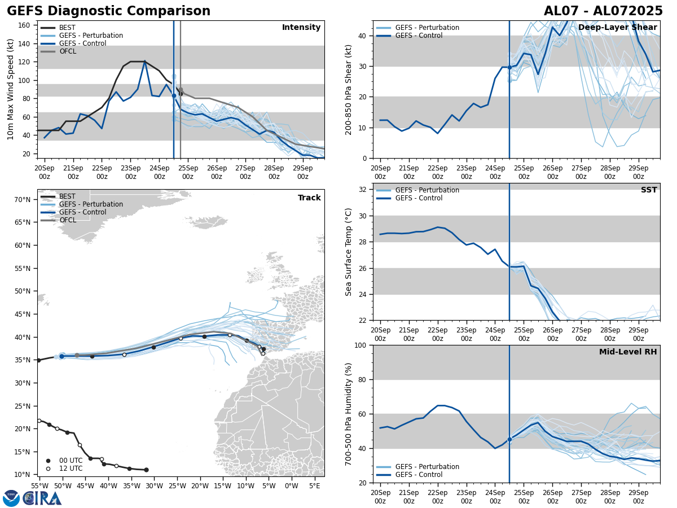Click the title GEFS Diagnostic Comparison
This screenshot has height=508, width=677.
click(x=108, y=11)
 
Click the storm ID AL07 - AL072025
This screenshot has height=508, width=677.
click(x=603, y=11)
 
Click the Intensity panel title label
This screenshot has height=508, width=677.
click(x=301, y=28)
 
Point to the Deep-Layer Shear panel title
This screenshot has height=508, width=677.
click(x=617, y=28)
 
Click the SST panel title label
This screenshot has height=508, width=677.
click(x=648, y=190)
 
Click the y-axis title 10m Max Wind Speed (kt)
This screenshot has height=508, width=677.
click(x=11, y=89)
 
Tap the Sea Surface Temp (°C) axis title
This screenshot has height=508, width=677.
click(x=349, y=252)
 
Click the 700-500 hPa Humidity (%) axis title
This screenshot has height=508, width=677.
click(x=349, y=414)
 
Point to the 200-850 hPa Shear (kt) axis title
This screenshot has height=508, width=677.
click(x=349, y=89)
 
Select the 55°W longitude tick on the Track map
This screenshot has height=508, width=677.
click(x=39, y=485)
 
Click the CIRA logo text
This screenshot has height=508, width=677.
click(x=42, y=498)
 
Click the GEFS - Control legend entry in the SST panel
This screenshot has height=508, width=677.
click(x=419, y=198)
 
